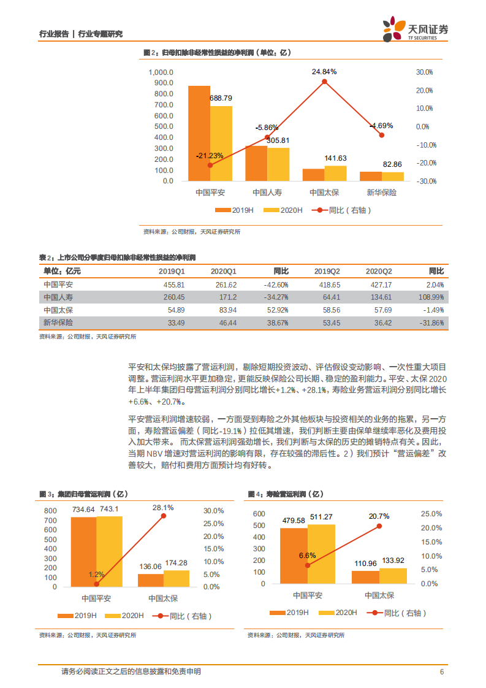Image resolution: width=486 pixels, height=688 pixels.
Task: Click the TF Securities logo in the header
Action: pyautogui.click(x=415, y=29)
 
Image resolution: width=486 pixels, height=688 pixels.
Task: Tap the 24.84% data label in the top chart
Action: pyautogui.click(x=324, y=72)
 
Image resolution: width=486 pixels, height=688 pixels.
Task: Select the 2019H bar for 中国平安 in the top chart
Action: pyautogui.click(x=199, y=133)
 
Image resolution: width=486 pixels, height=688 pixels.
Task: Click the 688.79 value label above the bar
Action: pyautogui.click(x=221, y=98)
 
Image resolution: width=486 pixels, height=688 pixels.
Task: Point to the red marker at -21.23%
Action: pyautogui.click(x=210, y=165)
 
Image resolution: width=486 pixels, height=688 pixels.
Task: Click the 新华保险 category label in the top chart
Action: pyautogui.click(x=382, y=193)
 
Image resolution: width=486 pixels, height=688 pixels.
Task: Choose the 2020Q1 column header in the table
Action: pyautogui.click(x=224, y=271)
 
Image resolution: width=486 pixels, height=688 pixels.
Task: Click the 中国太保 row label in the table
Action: pyautogui.click(x=58, y=310)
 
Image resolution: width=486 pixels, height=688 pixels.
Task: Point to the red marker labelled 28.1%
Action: pyautogui.click(x=163, y=516)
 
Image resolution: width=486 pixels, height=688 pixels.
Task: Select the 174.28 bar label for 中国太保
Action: pyautogui.click(x=177, y=563)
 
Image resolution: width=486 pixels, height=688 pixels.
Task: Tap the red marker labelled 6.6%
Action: pyautogui.click(x=308, y=565)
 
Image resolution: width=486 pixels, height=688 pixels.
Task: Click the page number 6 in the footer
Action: pyautogui.click(x=441, y=671)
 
